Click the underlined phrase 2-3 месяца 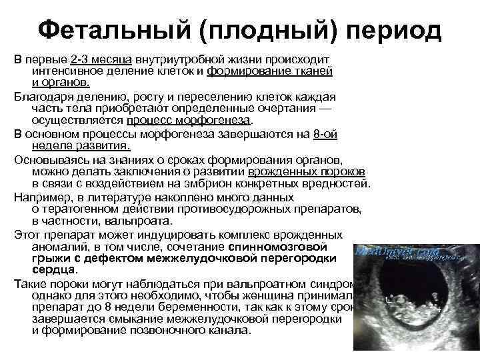click(x=101, y=60)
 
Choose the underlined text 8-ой click(x=325, y=133)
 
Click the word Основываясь click(x=49, y=160)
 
